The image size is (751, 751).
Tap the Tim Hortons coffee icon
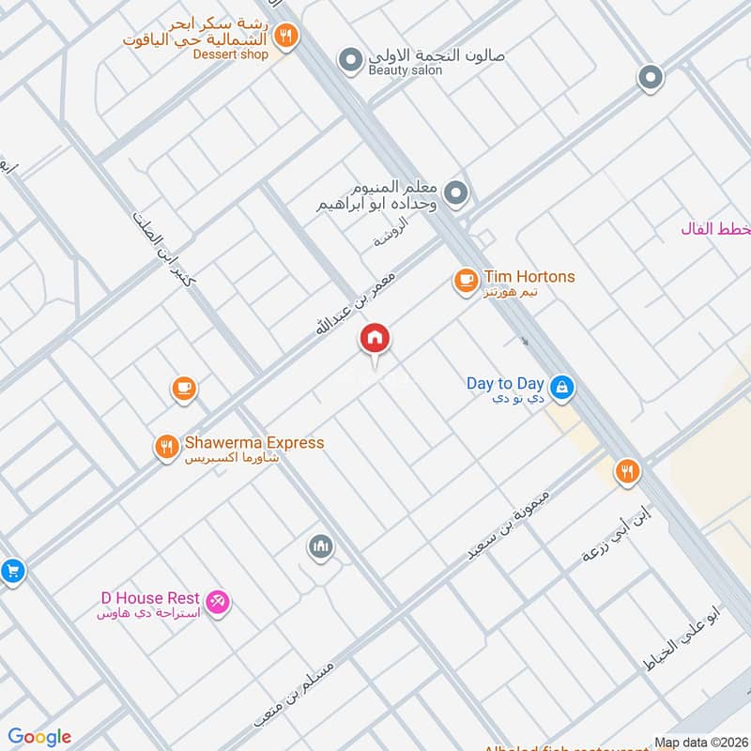[x=465, y=279]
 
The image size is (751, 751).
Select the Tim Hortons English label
[x=529, y=277]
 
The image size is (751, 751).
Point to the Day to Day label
[x=505, y=384]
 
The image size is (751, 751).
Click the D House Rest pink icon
[x=218, y=600]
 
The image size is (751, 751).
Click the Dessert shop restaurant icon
[x=286, y=37]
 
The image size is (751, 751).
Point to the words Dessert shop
[x=230, y=54]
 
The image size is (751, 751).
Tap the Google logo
[x=39, y=737]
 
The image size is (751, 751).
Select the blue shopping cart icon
[x=10, y=570]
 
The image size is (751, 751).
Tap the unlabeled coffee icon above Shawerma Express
[x=183, y=387]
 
